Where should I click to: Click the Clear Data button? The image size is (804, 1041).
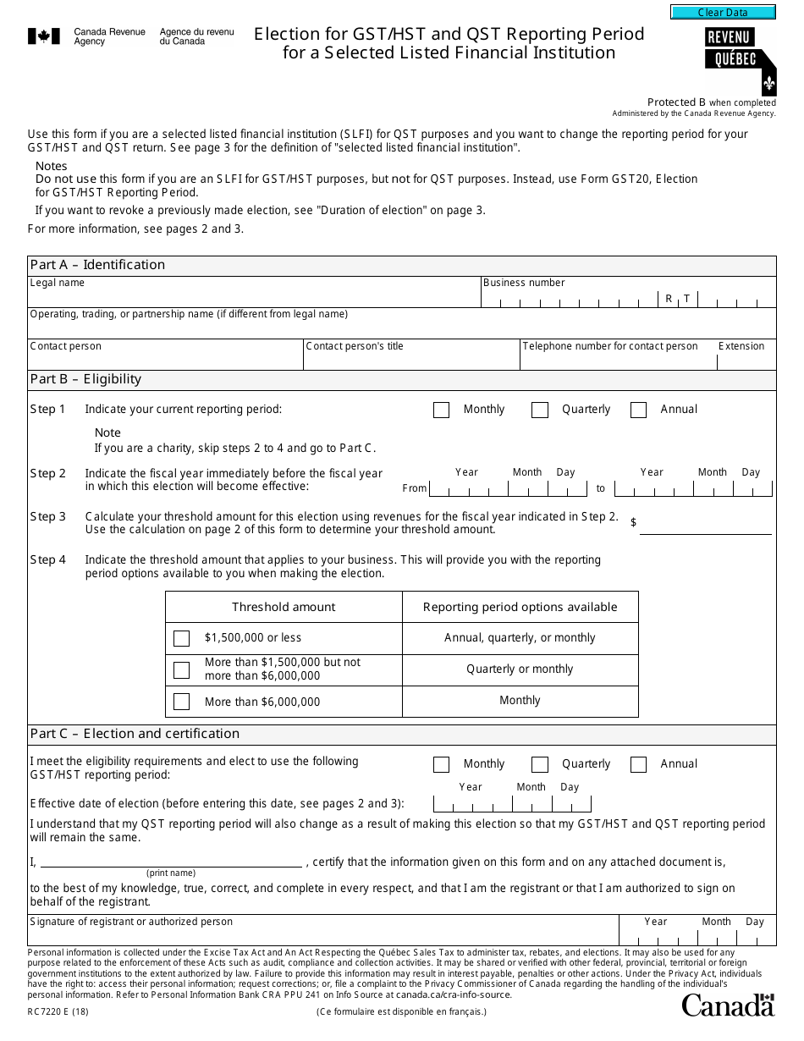point(723,13)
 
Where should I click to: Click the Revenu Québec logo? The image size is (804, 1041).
point(740,58)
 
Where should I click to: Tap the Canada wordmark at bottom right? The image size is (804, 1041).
point(728,1005)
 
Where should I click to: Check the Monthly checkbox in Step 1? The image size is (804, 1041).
point(441,410)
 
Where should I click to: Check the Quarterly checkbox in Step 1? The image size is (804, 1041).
point(540,410)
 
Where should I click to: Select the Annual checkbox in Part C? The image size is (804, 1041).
point(639,765)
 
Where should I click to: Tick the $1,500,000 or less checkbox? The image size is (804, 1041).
point(181,638)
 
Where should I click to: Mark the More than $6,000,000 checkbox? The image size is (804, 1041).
point(181,702)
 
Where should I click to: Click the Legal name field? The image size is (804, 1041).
point(254,297)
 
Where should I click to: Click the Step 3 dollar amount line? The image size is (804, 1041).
point(705,525)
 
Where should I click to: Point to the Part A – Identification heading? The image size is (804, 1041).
point(98,265)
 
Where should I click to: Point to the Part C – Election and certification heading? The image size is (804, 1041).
point(135,734)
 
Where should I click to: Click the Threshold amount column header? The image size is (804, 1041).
point(284,607)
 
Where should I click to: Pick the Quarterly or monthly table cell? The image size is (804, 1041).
point(520,669)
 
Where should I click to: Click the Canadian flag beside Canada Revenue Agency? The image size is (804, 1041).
point(44,36)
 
